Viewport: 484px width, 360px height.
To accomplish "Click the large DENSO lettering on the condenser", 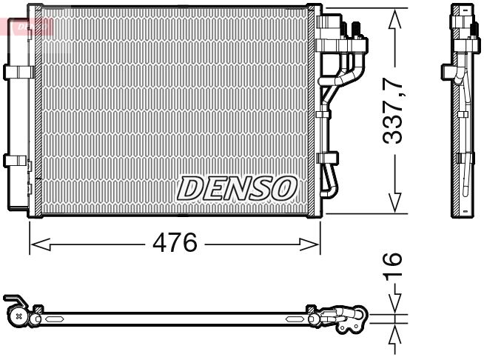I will click(236, 187).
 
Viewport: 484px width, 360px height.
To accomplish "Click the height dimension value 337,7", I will click(394, 107).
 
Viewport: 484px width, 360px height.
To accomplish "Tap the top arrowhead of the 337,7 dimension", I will click(394, 17).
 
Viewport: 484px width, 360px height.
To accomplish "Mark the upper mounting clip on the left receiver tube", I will click(15, 71).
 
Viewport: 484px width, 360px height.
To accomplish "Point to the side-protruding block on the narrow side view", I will click(448, 72).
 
